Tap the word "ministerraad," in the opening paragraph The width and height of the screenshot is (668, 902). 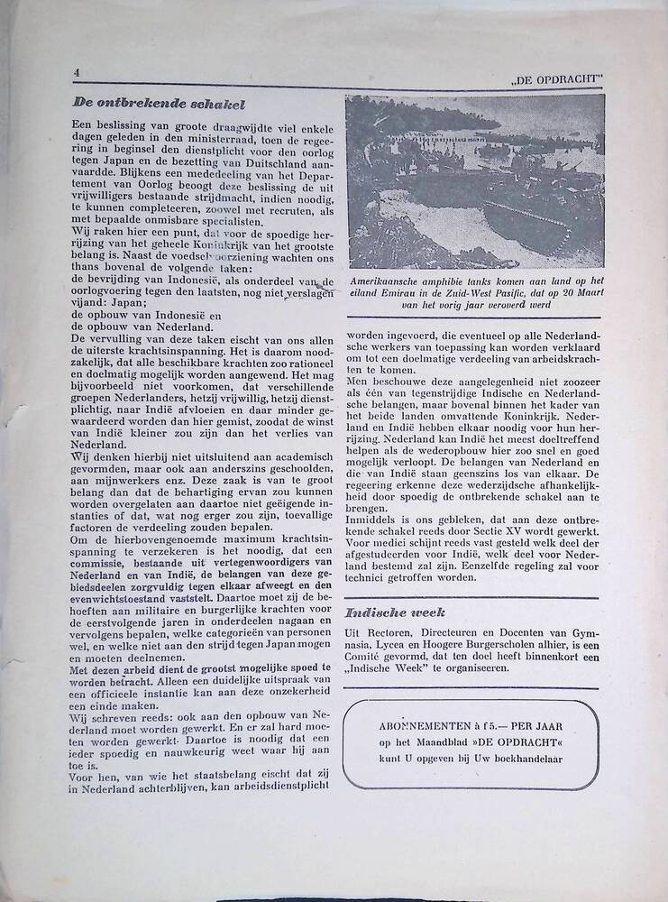181,133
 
